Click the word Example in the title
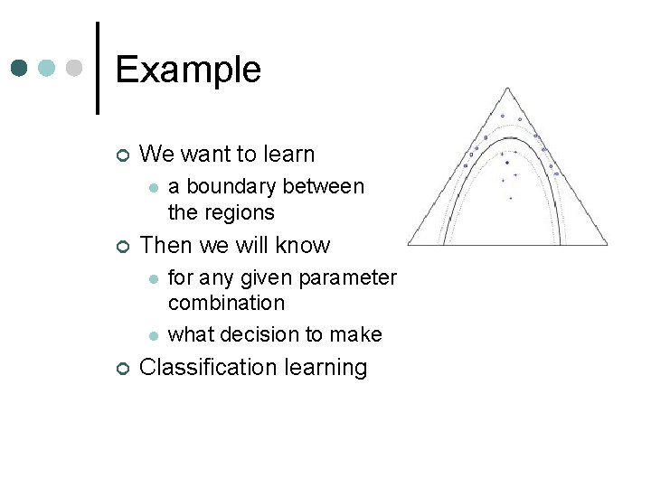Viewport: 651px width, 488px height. click(x=188, y=70)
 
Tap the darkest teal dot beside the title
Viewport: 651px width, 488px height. click(x=20, y=69)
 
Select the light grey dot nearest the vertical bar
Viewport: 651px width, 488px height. click(x=75, y=69)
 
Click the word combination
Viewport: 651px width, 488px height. click(x=226, y=303)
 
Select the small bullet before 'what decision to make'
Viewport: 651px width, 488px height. click(x=154, y=335)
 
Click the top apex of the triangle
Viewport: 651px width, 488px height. click(x=507, y=89)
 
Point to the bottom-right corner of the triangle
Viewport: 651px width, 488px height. click(x=607, y=244)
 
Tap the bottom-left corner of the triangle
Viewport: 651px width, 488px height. click(x=408, y=244)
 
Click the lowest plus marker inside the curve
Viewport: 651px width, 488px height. click(x=510, y=197)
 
